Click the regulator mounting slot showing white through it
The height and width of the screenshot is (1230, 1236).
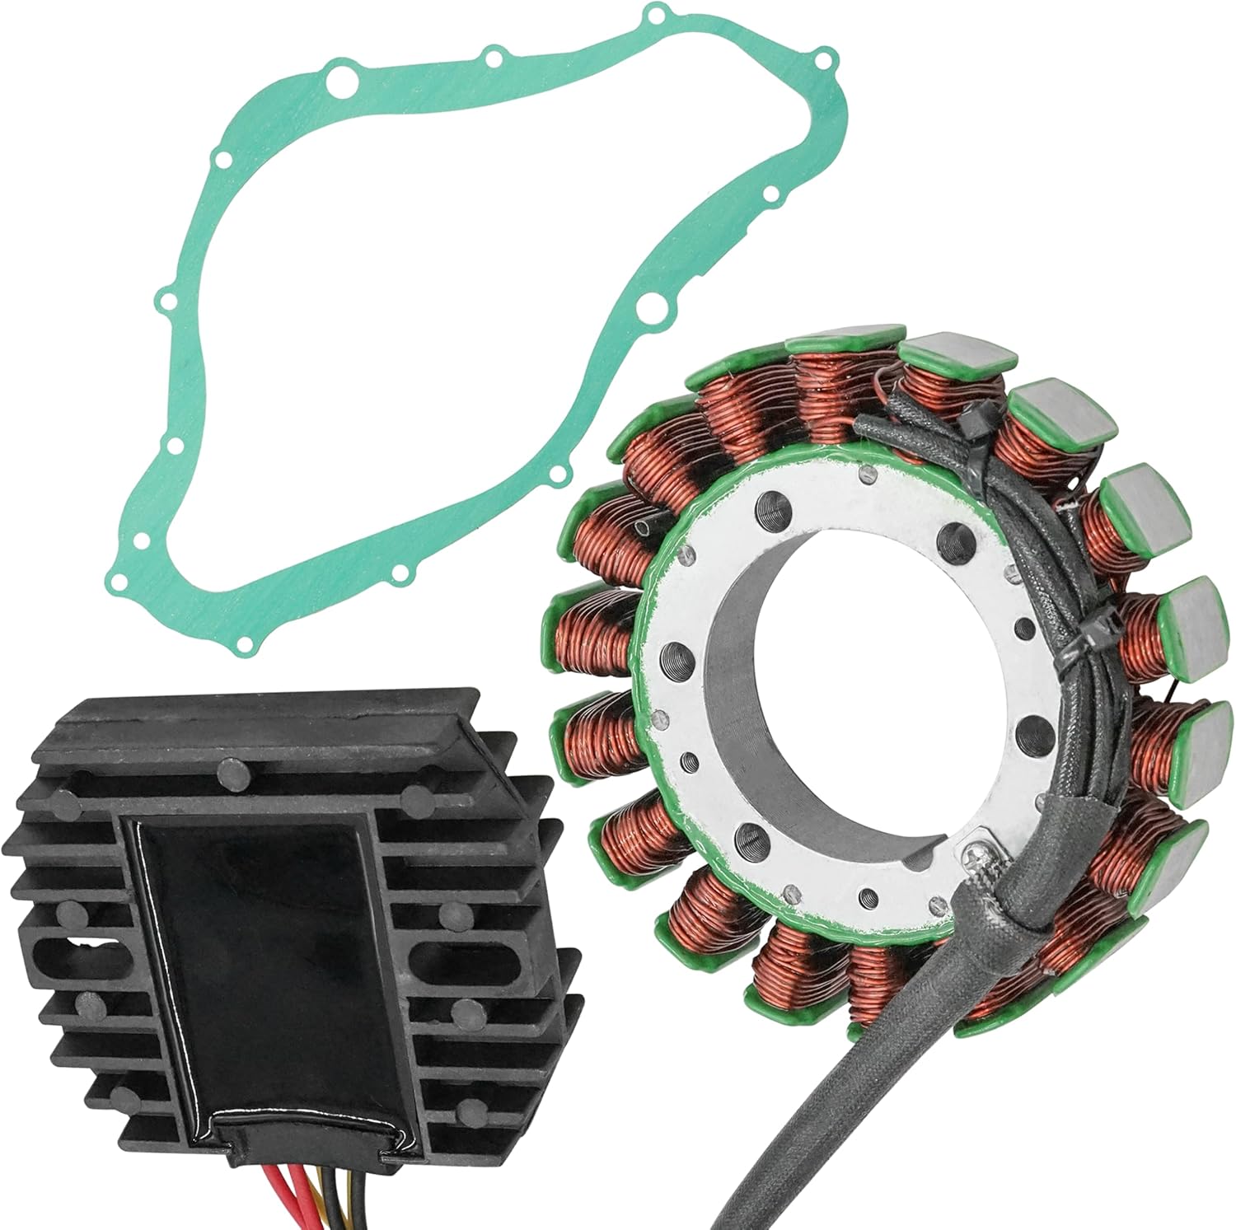point(62,945)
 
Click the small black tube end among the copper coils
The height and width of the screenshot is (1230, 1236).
point(641,526)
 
